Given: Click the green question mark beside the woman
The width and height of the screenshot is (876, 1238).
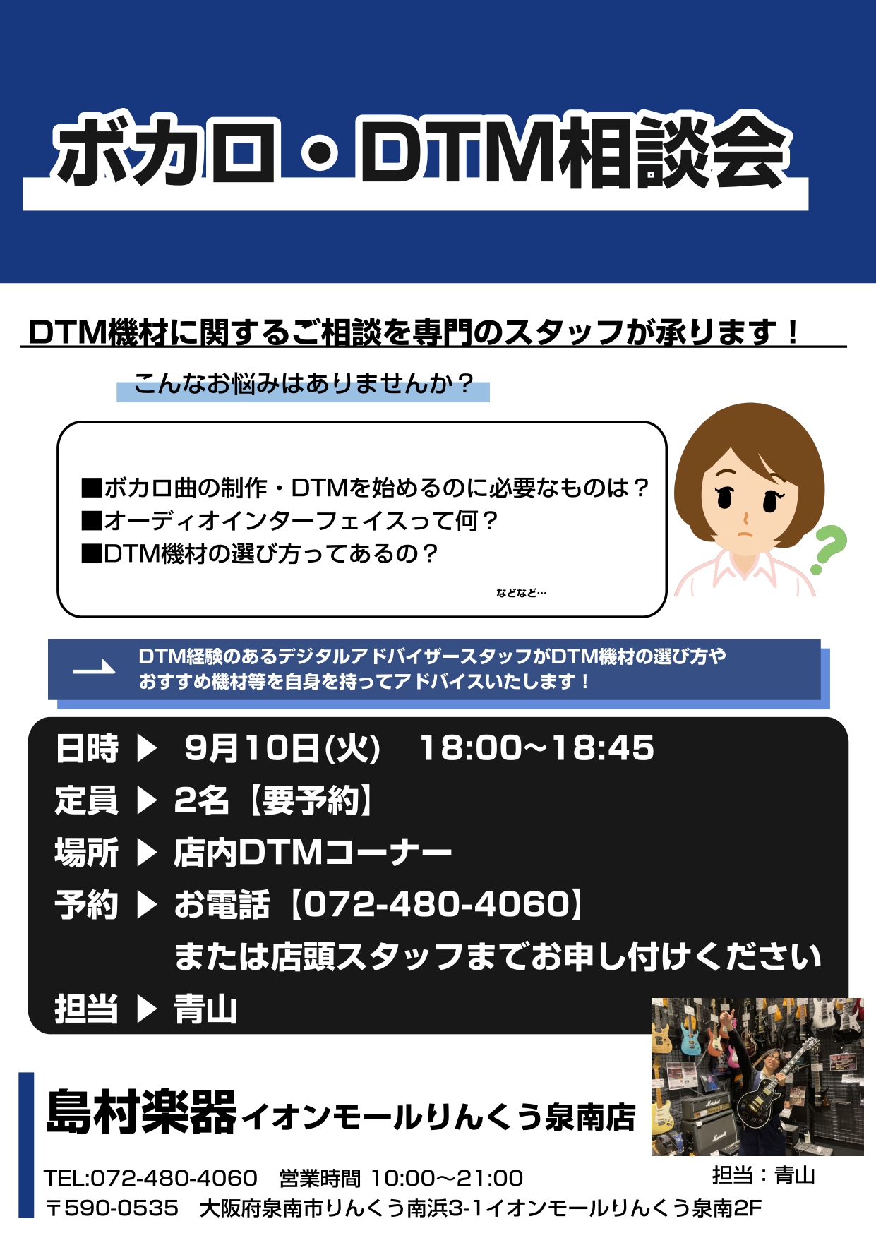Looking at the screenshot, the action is [829, 549].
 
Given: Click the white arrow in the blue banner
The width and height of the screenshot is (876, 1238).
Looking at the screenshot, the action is [95, 668].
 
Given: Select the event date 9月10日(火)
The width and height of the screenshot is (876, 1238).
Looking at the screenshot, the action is [282, 748].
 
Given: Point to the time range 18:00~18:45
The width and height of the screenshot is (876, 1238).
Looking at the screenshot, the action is [537, 748].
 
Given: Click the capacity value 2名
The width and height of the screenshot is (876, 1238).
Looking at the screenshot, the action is [201, 800].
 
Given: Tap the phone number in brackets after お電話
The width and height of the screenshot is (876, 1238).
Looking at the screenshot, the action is [438, 904].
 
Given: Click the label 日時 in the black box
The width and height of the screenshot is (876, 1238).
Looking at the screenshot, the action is [86, 748].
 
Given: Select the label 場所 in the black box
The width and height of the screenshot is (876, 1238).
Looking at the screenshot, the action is [86, 853].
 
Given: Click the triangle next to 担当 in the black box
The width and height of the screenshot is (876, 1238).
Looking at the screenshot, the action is [146, 1009].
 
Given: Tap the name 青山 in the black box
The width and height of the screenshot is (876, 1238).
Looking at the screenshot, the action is [205, 1009].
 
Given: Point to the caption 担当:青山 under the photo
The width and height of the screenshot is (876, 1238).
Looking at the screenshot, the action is [764, 1175].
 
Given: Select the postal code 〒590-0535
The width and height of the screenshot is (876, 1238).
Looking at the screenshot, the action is [112, 1208].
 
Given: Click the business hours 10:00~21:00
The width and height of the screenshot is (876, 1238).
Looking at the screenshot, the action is [447, 1178].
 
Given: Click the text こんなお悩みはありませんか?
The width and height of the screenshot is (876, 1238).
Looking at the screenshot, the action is [303, 384].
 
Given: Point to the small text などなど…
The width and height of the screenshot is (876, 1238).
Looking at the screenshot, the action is [521, 593].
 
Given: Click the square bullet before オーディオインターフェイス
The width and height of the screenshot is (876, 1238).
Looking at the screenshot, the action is [92, 521].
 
